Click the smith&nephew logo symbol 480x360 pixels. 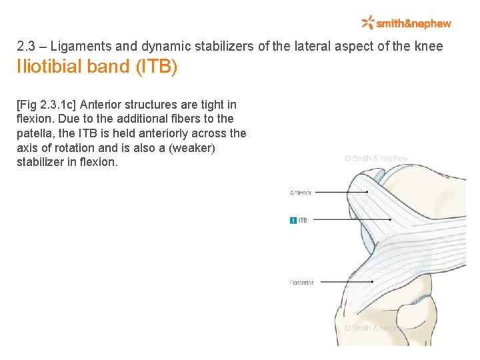pyautogui.click(x=367, y=23)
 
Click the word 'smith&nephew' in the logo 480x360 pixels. pyautogui.click(x=413, y=23)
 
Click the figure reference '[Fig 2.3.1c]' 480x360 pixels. pyautogui.click(x=46, y=105)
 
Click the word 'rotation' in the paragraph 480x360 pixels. pyautogui.click(x=75, y=147)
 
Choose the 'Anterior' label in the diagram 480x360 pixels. pyautogui.click(x=301, y=193)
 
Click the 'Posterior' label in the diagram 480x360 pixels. pyautogui.click(x=301, y=283)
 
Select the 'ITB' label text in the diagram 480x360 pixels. pyautogui.click(x=303, y=220)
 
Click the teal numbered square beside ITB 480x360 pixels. pyautogui.click(x=293, y=220)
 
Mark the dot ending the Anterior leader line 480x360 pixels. pyautogui.click(x=367, y=192)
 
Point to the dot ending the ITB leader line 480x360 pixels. pyautogui.click(x=389, y=219)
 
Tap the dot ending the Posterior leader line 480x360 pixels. pyautogui.click(x=372, y=282)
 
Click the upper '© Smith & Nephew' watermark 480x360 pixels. pyautogui.click(x=376, y=159)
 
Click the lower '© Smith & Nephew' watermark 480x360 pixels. pyautogui.click(x=375, y=328)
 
